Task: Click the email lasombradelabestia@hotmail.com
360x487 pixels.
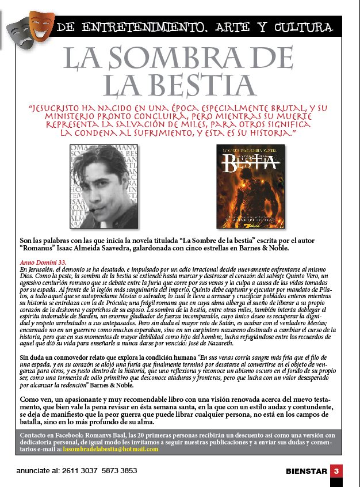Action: click(110, 449)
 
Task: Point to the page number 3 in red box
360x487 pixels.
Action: click(337, 470)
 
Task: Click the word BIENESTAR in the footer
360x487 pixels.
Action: click(305, 471)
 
